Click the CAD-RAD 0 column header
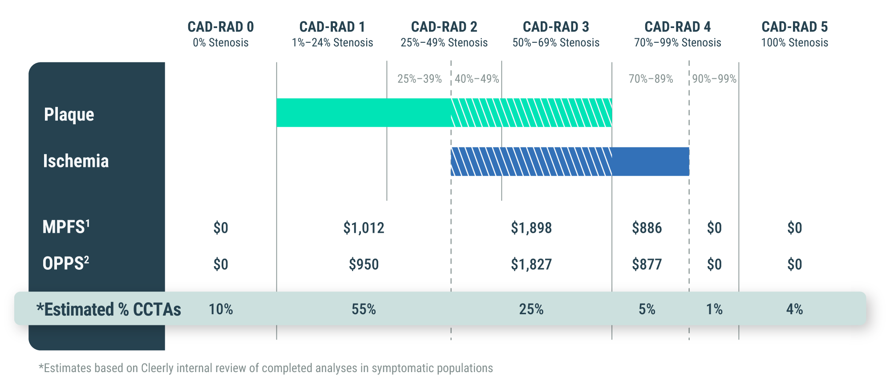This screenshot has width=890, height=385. pos(221,27)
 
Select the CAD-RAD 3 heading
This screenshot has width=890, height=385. pos(556,27)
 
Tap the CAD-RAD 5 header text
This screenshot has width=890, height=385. pos(794,27)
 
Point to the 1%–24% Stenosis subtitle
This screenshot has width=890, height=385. pos(332,43)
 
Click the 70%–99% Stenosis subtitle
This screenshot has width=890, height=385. pos(677,43)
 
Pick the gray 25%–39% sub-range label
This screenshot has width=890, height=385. pos(419,79)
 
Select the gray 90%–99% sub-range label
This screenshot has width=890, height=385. pos(714,79)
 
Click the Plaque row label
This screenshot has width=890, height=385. pos(69,114)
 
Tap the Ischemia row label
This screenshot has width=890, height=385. pos(76,161)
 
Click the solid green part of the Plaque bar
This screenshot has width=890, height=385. pos(363,113)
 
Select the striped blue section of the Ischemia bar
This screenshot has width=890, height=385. pos(531,162)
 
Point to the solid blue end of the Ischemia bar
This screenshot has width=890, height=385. pos(650,162)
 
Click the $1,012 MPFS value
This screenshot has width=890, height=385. pos(364,228)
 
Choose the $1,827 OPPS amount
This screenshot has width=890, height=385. pos(531,264)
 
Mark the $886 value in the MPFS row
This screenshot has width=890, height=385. pos(647,228)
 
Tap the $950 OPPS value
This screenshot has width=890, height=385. pos(364,264)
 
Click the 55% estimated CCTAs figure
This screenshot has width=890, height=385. pos(364,309)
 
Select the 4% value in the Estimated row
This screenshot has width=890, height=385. pos(794,309)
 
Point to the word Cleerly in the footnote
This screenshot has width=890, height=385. pos(158,368)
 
